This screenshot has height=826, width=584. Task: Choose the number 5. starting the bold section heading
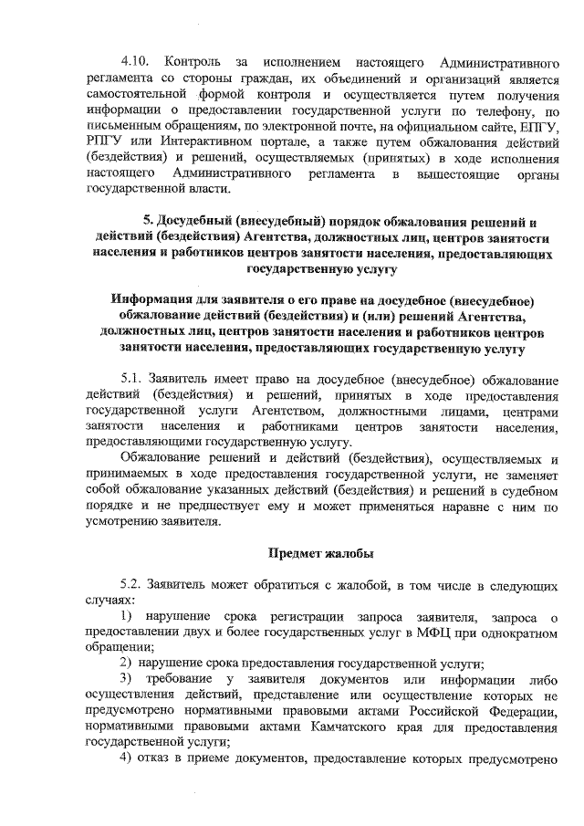[x=150, y=221]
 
